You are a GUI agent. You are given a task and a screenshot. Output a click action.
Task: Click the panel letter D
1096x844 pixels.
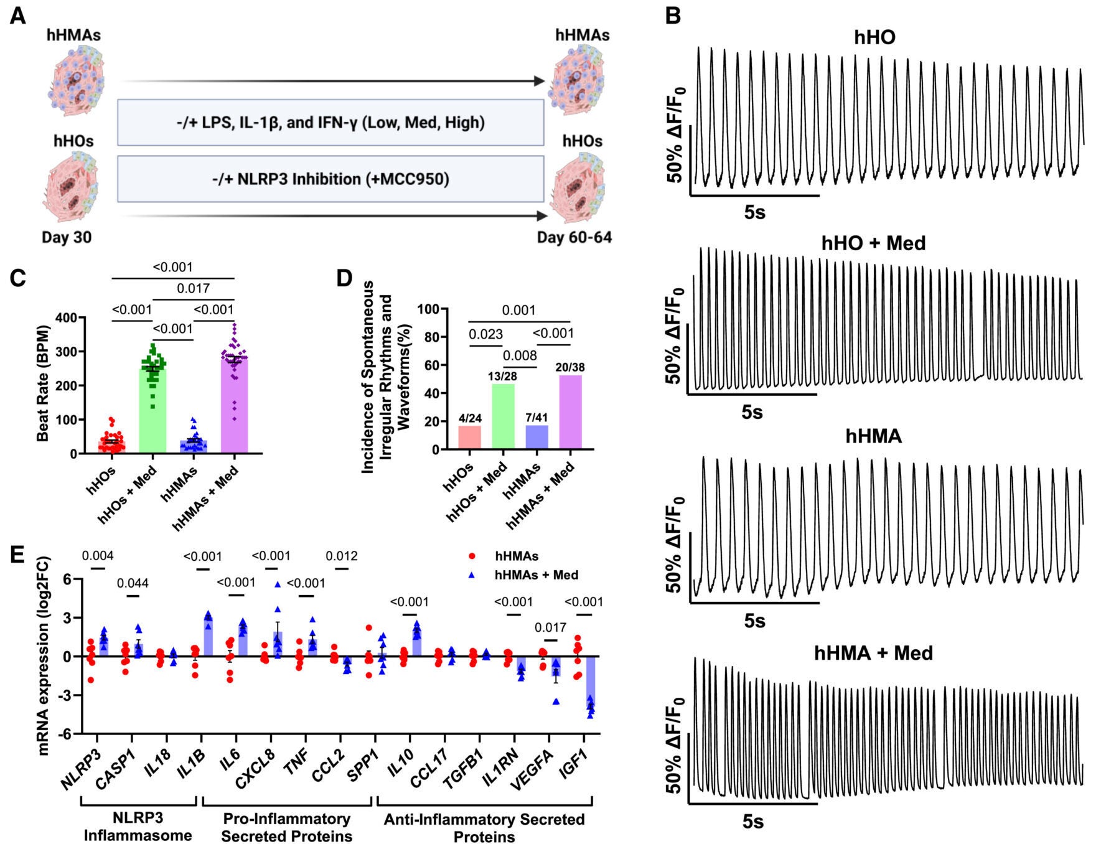click(344, 278)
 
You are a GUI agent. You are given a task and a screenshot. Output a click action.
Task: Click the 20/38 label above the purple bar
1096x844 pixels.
click(569, 368)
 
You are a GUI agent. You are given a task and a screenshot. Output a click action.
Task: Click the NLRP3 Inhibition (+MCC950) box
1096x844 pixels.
click(330, 179)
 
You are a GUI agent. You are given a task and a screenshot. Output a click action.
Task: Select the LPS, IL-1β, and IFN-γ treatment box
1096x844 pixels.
click(330, 123)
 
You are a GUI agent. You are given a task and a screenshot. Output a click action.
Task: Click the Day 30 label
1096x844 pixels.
click(67, 237)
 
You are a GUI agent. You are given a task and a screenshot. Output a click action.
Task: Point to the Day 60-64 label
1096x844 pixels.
click(574, 237)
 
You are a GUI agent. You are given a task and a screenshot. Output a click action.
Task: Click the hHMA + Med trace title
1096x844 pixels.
click(873, 653)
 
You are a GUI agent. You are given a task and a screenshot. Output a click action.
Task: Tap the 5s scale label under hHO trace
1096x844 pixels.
click(754, 212)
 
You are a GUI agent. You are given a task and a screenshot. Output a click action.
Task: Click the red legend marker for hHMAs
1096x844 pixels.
click(472, 556)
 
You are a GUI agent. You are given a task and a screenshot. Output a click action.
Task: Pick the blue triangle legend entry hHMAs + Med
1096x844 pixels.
click(472, 575)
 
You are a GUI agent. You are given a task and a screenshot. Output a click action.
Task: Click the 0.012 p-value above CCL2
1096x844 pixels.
click(342, 556)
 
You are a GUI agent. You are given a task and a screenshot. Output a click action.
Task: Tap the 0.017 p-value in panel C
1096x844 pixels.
click(193, 288)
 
